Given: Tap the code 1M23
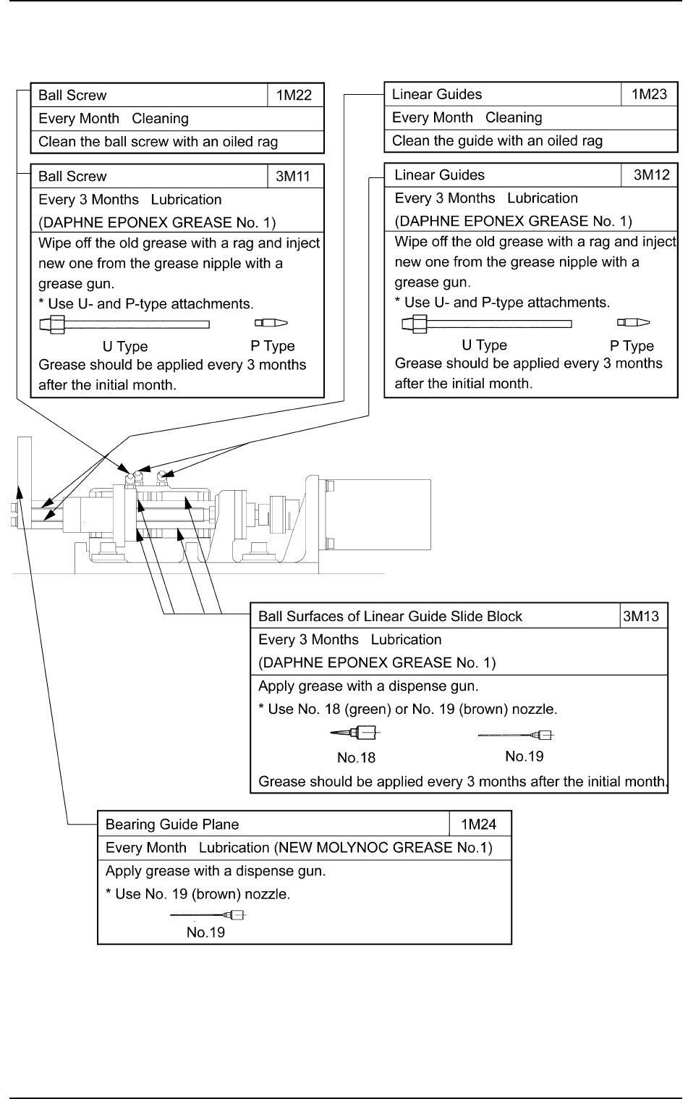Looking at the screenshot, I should coord(649,94).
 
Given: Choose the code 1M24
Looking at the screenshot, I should coord(480,825).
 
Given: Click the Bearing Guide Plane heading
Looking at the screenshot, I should coord(172,825).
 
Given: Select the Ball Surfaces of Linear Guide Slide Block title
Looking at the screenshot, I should coord(391,617).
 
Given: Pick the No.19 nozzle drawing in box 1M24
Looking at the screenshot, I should coord(208,914).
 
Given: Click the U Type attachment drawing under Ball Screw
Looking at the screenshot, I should coord(124,324).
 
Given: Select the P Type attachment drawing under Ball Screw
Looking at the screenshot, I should coord(271,323).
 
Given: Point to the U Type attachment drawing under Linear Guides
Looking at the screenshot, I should coord(486,323).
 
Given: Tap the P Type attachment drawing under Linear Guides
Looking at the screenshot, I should coord(633,322).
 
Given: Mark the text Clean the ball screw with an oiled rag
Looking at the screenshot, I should coord(158,142).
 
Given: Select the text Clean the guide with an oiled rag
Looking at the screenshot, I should coord(497,141).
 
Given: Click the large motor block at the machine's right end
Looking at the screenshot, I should coord(378,514).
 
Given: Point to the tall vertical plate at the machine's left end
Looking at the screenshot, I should coord(25,500).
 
